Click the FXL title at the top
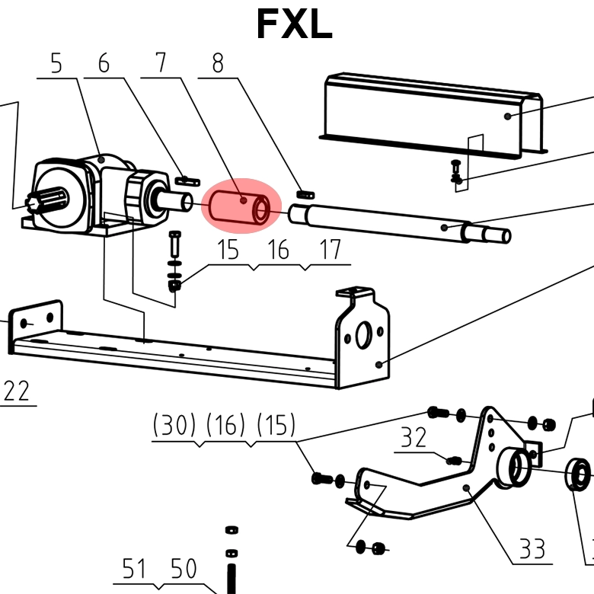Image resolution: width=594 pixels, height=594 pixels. (x=294, y=24)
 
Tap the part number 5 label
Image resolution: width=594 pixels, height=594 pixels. (x=56, y=64)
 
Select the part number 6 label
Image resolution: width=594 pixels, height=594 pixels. (x=104, y=64)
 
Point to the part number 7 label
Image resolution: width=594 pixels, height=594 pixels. (x=161, y=64)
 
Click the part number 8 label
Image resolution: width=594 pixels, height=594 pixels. (x=218, y=64)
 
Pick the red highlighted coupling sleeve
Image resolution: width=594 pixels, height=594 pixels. (x=241, y=205)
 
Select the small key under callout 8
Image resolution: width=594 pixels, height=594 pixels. (x=305, y=194)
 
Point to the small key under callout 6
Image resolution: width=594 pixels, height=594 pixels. (x=187, y=181)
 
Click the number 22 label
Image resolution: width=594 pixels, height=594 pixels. (x=17, y=391)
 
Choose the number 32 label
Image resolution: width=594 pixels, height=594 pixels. (x=414, y=438)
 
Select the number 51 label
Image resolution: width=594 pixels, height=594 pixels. (x=134, y=569)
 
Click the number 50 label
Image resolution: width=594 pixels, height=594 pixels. (x=183, y=569)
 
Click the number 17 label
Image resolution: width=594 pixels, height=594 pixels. (x=330, y=250)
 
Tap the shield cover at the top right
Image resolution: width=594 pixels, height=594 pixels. (x=434, y=114)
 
